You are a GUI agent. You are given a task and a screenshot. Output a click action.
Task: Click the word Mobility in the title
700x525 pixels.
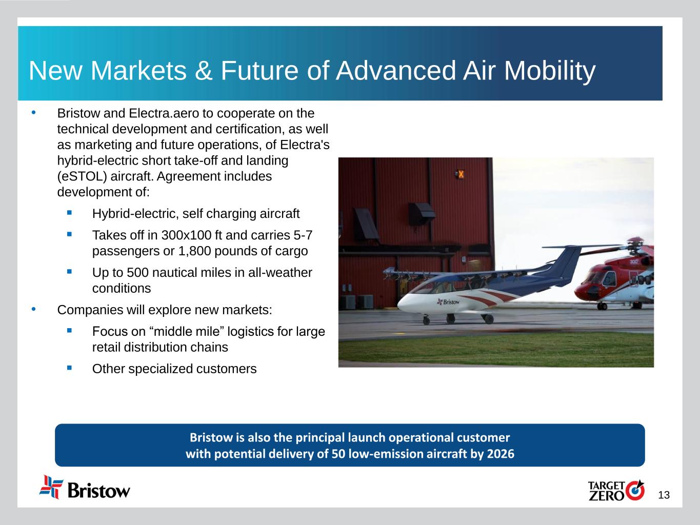click(549, 71)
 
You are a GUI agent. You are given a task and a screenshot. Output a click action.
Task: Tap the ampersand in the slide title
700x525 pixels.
click(203, 70)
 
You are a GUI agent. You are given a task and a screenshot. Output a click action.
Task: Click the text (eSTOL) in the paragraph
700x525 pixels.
click(82, 176)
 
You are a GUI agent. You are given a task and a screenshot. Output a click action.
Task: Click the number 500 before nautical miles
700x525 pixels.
click(137, 273)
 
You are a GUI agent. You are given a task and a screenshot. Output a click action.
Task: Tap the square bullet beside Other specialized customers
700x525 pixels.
click(69, 368)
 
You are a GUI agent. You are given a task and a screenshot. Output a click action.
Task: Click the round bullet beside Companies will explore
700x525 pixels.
click(34, 309)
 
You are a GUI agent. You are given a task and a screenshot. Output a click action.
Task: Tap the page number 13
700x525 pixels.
click(664, 495)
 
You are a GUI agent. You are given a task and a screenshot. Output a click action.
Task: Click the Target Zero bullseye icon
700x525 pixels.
click(635, 490)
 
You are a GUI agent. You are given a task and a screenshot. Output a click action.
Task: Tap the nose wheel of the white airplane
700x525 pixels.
click(426, 320)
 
